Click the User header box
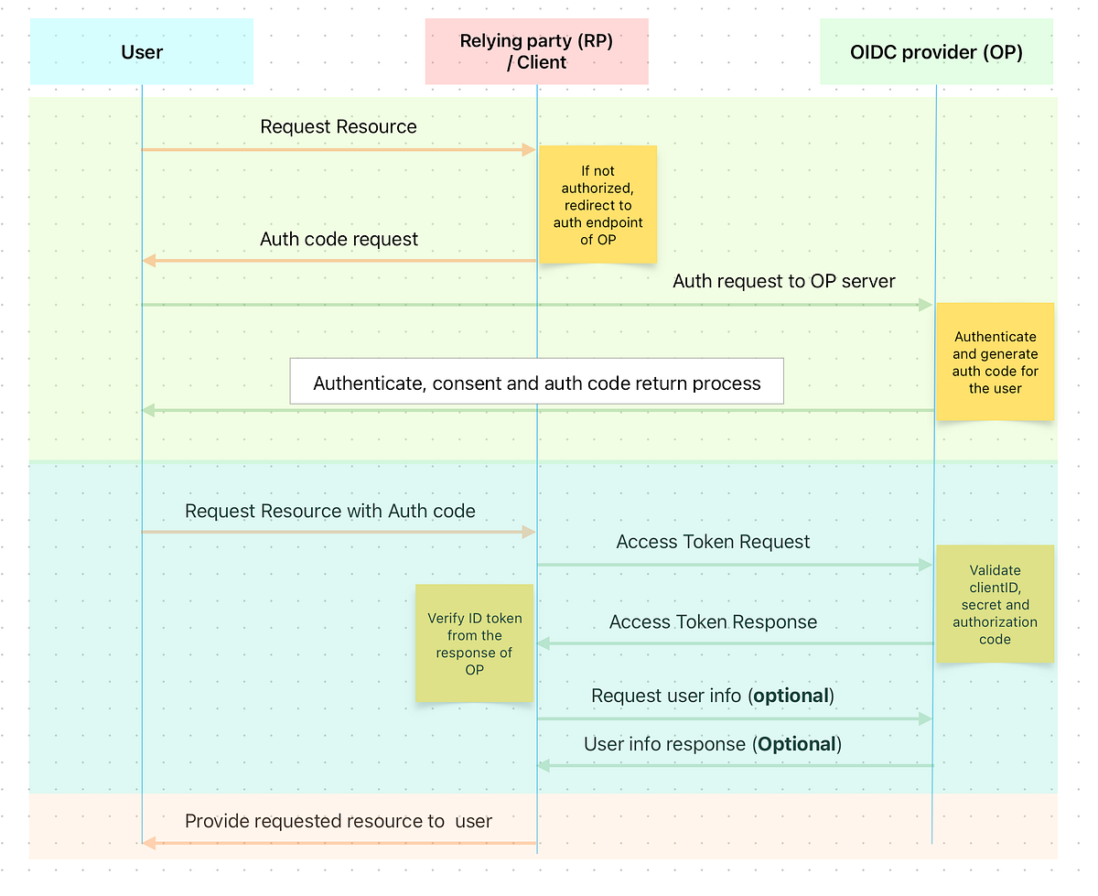click(x=142, y=52)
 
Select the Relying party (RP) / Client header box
click(x=536, y=52)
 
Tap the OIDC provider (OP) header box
click(x=936, y=52)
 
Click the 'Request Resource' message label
click(x=339, y=127)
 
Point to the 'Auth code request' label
click(x=339, y=240)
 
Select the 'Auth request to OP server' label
click(x=784, y=282)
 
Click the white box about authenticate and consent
click(x=537, y=383)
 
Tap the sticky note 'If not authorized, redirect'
click(x=597, y=205)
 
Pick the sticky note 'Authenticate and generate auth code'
click(x=995, y=362)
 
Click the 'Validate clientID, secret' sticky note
click(x=995, y=604)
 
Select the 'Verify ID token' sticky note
click(x=474, y=643)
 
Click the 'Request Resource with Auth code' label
click(x=330, y=512)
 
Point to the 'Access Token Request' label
click(x=713, y=543)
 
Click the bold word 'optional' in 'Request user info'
click(x=791, y=696)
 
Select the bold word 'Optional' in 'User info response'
click(x=796, y=745)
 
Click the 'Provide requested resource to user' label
click(x=339, y=822)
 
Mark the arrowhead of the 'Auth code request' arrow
click(x=149, y=261)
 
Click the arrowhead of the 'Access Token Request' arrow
click(x=925, y=566)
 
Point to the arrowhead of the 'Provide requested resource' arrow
click(x=149, y=843)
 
